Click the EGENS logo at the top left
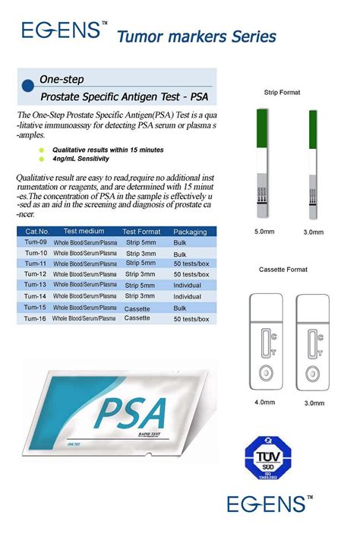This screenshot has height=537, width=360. pos(62,30)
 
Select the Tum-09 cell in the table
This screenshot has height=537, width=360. pos(36,242)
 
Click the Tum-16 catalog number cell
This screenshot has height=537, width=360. pos(36,319)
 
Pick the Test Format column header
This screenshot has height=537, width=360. pos(141,231)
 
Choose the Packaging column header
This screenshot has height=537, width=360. pos(190,231)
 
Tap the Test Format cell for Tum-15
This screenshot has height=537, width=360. pos(137,308)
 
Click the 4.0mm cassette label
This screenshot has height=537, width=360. pos(265,403)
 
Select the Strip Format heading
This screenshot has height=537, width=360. pos(282,92)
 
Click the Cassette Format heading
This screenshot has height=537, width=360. pos(283,270)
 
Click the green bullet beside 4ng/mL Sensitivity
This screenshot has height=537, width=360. pos(42,159)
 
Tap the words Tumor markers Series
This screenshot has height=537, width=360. pos(196,36)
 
